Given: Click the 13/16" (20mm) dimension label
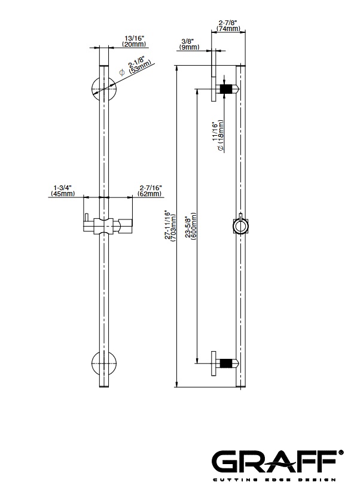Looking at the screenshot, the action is (134, 41).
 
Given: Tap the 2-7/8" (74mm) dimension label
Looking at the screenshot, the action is (228, 26).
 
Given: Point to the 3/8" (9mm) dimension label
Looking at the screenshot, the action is (189, 44).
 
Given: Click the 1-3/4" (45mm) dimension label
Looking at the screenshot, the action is (63, 191).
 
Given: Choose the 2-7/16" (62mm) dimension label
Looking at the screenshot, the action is (150, 191).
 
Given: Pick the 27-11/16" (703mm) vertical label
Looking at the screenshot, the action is (171, 227).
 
